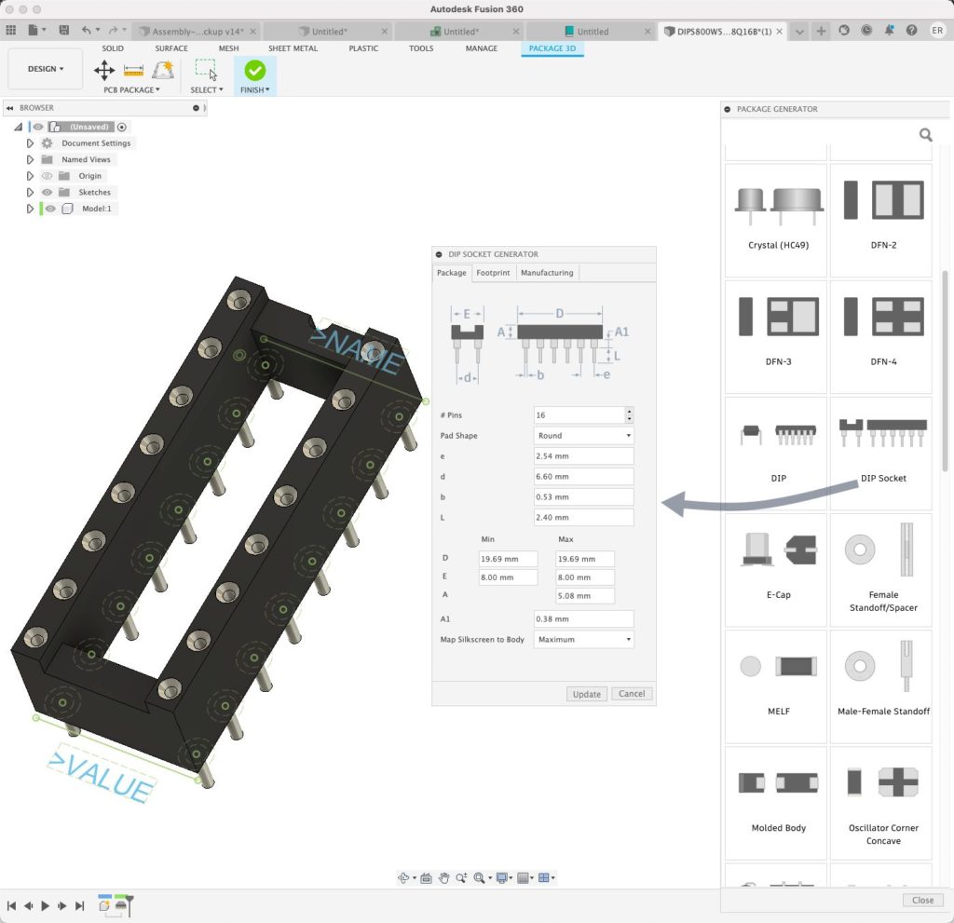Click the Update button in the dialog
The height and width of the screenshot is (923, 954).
click(x=587, y=694)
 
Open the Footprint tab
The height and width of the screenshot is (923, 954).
click(x=493, y=273)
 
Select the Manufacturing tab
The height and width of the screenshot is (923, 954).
click(x=547, y=273)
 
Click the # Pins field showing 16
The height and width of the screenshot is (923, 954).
click(x=578, y=415)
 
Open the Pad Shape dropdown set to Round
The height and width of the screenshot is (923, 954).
click(x=583, y=436)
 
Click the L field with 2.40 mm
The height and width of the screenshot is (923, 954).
click(x=583, y=518)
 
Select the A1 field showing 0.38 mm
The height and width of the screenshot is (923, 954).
click(x=583, y=619)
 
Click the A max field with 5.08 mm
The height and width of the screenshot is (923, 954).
click(x=585, y=596)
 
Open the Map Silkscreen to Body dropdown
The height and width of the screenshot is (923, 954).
click(x=583, y=640)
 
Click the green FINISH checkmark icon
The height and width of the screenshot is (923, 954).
click(x=254, y=70)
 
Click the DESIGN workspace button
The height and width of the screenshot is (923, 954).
click(x=45, y=69)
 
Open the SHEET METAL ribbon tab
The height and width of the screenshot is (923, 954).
click(x=293, y=48)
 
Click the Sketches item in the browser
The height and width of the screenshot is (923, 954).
click(x=94, y=192)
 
